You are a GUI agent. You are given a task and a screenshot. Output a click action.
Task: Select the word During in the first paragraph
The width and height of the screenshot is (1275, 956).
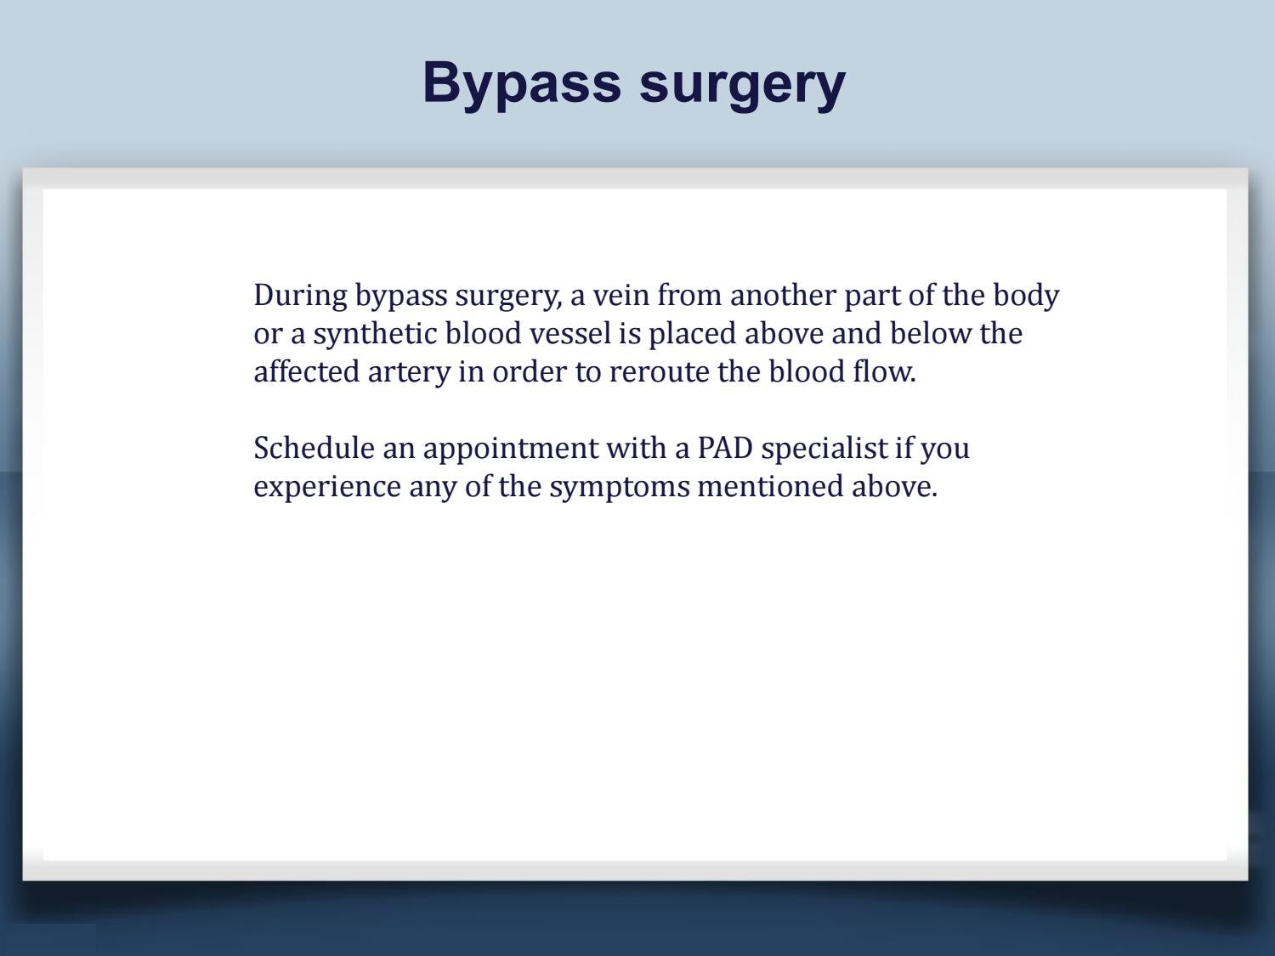300,296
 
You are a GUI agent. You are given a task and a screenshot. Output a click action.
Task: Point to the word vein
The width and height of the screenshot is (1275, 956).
620,296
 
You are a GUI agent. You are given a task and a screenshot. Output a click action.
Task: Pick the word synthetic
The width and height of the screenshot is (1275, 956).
375,335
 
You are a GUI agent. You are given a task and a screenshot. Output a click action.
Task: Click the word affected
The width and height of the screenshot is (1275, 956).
307,371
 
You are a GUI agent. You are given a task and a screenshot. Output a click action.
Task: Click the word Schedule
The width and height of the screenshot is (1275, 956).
314,449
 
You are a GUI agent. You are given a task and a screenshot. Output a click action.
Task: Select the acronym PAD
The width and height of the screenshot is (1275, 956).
725,449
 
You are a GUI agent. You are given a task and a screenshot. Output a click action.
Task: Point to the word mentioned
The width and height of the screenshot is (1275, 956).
770,487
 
